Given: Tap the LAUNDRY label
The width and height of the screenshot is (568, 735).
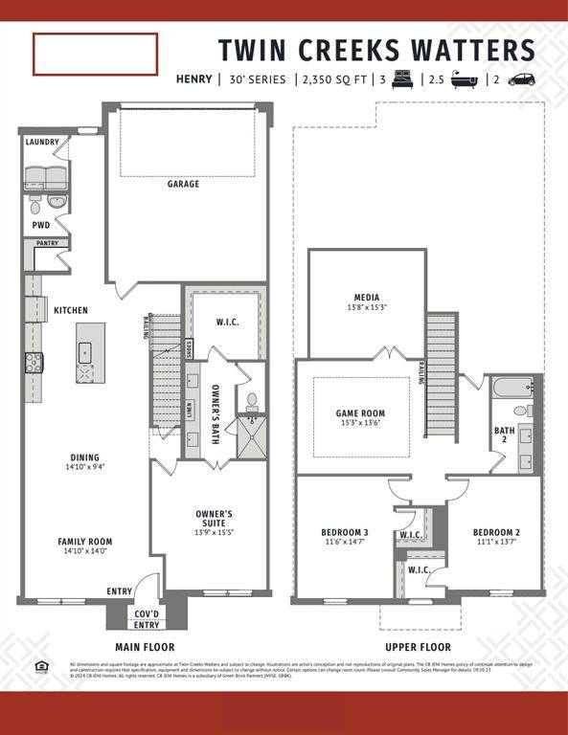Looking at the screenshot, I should click(x=42, y=143).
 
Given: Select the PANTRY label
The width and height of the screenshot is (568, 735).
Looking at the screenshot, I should click(x=47, y=243).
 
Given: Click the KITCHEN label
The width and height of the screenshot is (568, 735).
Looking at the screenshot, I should click(x=71, y=310).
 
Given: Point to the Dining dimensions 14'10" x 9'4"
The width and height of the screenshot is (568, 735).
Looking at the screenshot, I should click(x=85, y=467).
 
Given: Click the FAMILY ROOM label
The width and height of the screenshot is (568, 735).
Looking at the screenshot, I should click(x=85, y=542).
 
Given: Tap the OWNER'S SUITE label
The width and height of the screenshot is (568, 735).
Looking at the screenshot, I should click(x=214, y=514).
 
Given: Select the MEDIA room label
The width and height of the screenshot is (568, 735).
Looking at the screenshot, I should click(x=367, y=297).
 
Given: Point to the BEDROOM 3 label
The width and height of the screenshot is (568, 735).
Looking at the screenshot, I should click(x=345, y=532).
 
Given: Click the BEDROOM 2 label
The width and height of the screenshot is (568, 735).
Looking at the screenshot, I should click(x=497, y=532).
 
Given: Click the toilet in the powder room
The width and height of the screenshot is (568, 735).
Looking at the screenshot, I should click(x=35, y=206).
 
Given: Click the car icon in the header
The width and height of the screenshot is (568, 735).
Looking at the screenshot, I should click(x=521, y=79).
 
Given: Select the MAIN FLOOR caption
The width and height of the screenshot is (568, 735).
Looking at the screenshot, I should click(x=146, y=647).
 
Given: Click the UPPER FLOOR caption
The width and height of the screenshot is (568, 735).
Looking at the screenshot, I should click(x=418, y=647).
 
